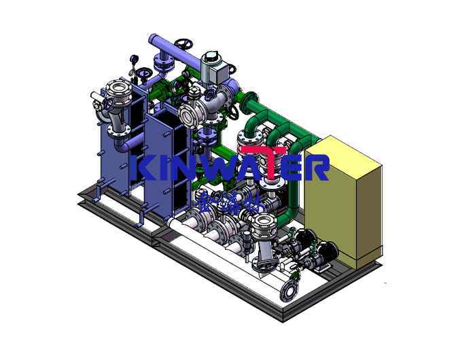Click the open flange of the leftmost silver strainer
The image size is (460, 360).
point(117,89)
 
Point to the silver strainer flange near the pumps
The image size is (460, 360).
point(262,222)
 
